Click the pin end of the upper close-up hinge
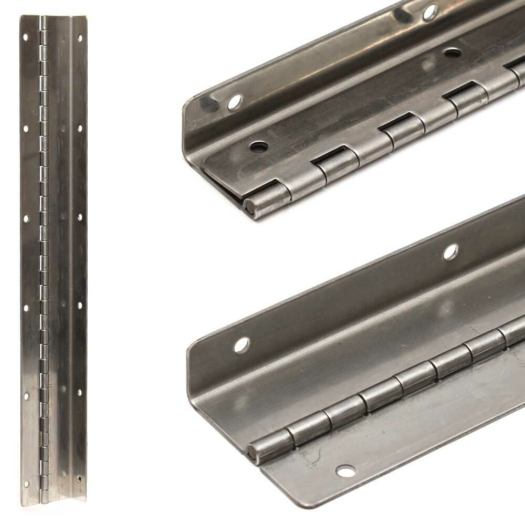coord(251,209)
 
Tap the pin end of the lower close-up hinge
coord(254,453)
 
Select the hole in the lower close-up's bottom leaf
coord(345,471)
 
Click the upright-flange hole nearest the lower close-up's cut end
coord(241,345)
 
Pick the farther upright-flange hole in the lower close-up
coord(450,252)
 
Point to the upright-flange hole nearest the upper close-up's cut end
coord(234,102)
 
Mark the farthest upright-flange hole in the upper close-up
coord(429,11)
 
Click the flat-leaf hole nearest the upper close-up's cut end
coord(258,146)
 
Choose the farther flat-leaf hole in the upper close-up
coord(451,53)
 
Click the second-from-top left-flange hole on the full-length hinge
coord(25,127)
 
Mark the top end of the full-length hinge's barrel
coord(44,19)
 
